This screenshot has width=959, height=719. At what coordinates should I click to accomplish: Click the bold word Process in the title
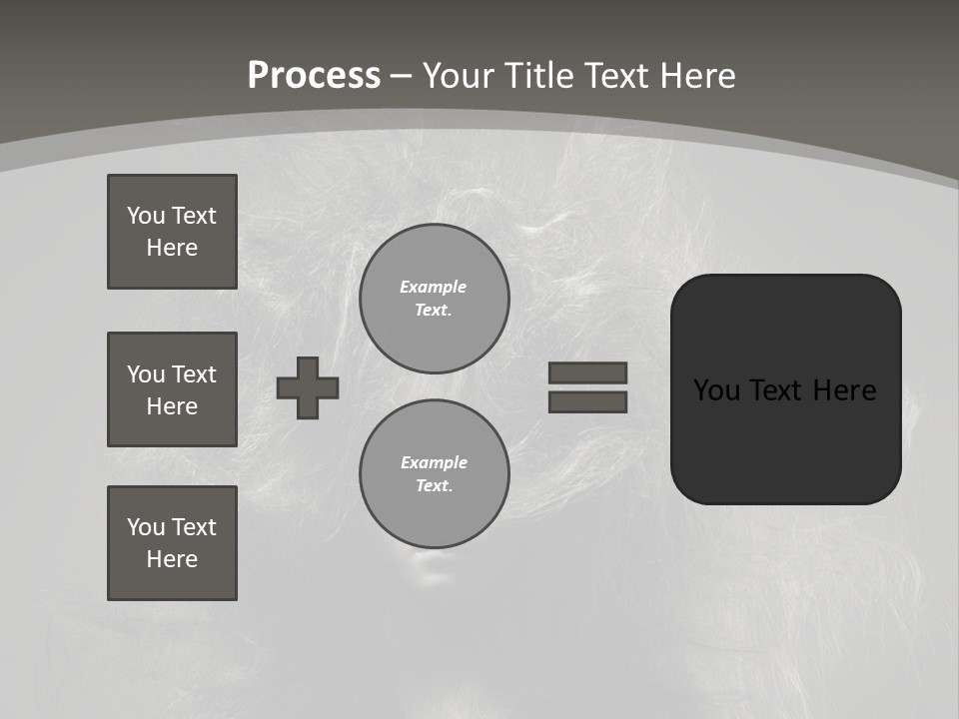tap(314, 76)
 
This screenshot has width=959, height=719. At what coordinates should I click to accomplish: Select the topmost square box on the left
tap(172, 232)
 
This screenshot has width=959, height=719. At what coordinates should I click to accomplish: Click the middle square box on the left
tap(172, 389)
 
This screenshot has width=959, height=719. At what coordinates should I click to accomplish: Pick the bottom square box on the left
tap(172, 543)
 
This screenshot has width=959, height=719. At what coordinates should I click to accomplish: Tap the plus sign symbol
tap(308, 387)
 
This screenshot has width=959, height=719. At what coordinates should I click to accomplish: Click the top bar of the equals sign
tap(587, 372)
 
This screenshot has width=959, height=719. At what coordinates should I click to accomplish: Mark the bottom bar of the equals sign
tap(587, 401)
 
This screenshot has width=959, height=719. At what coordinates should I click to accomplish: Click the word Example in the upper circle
tap(434, 287)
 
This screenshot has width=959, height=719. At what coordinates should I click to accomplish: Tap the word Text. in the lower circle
tap(434, 486)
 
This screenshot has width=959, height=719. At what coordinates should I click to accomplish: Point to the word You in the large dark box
tap(716, 390)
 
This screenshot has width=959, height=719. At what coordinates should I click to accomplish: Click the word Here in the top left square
tap(172, 248)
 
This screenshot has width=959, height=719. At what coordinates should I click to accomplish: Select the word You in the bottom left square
tap(146, 527)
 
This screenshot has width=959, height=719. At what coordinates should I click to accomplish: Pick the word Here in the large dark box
tap(844, 390)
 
